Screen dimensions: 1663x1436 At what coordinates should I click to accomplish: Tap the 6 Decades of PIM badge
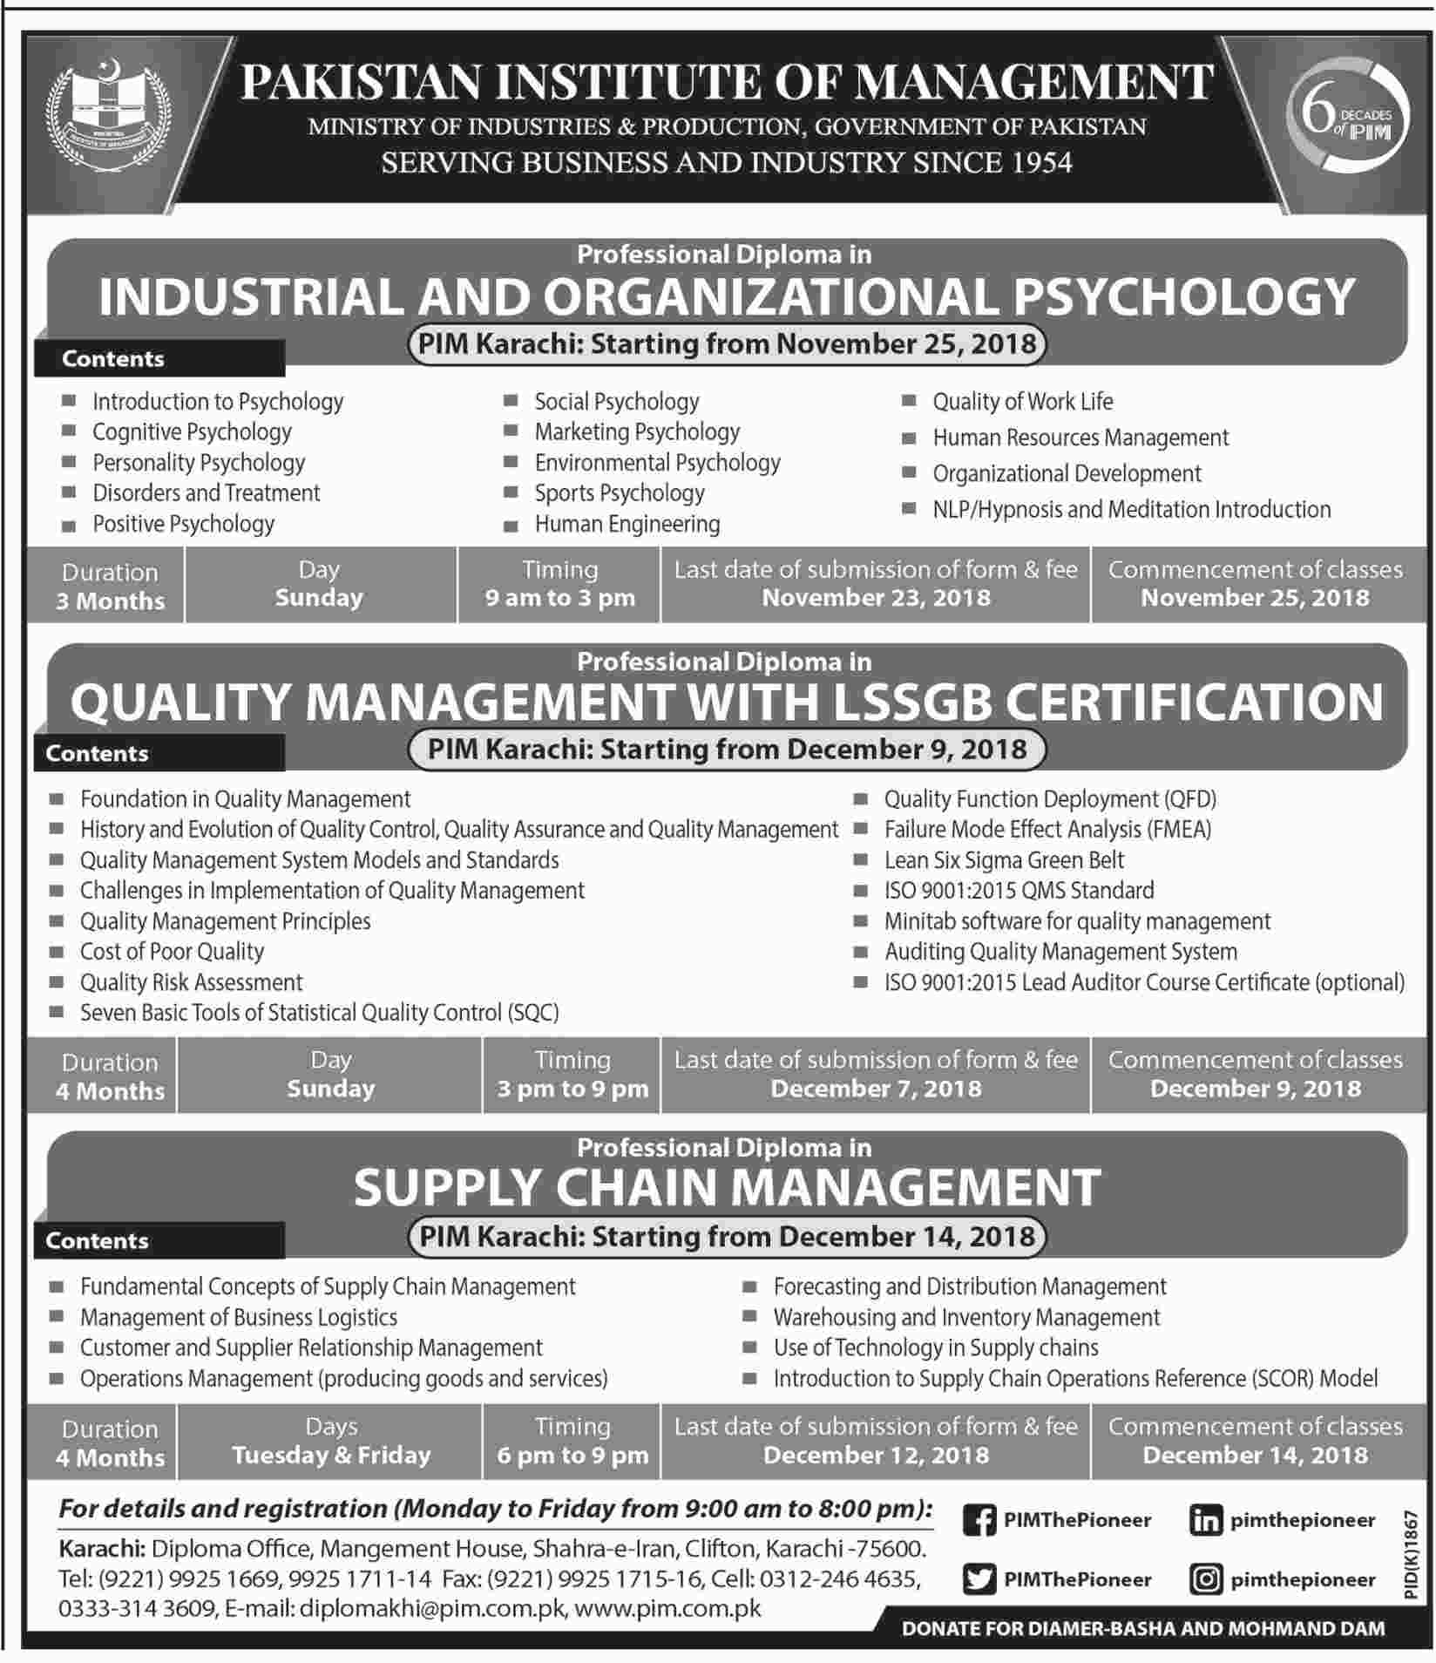(x=1346, y=120)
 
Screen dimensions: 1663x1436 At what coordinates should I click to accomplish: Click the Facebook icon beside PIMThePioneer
(x=979, y=1519)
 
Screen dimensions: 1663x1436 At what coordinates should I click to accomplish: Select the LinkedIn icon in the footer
(x=1205, y=1519)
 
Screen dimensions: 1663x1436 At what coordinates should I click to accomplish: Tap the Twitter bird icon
(x=979, y=1578)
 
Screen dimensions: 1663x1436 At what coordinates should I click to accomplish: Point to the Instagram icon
(x=1205, y=1578)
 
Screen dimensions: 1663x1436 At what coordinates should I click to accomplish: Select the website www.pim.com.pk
(x=668, y=1608)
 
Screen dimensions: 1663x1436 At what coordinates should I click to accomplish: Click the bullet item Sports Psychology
(x=619, y=493)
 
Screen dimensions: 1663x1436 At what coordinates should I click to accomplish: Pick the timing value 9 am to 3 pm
(x=559, y=599)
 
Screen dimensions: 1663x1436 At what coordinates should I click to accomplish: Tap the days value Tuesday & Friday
(x=331, y=1455)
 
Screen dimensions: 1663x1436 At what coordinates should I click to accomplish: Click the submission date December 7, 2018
(x=876, y=1089)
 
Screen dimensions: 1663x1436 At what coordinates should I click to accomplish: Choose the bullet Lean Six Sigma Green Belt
(x=1004, y=860)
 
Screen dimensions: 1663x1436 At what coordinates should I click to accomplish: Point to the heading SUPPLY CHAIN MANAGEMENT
(x=727, y=1187)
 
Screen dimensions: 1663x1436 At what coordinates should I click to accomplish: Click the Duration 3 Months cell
(x=110, y=587)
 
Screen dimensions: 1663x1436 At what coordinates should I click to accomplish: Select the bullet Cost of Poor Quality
(x=172, y=952)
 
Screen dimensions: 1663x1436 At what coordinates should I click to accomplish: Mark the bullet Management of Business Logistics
(x=239, y=1317)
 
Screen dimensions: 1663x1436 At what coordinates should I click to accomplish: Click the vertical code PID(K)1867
(x=1412, y=1555)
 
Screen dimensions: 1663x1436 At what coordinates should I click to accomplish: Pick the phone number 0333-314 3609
(x=137, y=1608)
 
